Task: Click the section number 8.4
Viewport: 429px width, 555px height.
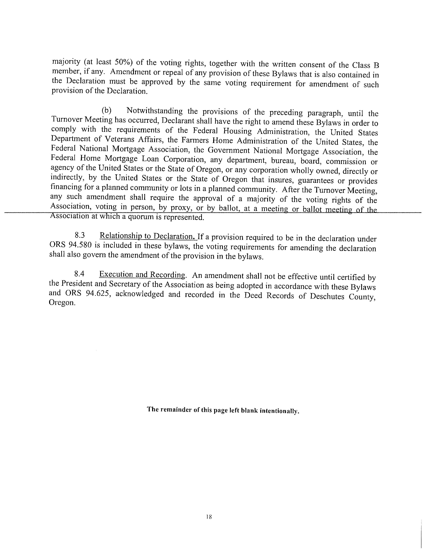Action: point(79,273)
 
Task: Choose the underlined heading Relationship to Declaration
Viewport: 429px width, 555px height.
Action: point(148,236)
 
